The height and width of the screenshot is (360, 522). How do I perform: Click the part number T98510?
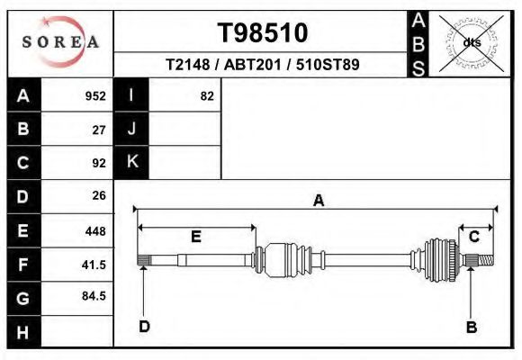click(x=262, y=33)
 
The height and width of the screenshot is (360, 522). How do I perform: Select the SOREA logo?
click(x=60, y=42)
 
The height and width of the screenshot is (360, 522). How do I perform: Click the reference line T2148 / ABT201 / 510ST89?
click(x=262, y=66)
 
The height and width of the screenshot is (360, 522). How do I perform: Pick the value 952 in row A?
click(x=95, y=96)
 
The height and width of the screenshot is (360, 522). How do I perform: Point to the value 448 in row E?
click(x=95, y=231)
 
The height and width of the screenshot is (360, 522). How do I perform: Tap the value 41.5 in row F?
click(x=94, y=265)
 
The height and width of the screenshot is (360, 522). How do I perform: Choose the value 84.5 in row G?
click(x=94, y=296)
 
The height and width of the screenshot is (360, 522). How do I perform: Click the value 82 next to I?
click(x=207, y=96)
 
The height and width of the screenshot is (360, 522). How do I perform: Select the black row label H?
click(x=23, y=332)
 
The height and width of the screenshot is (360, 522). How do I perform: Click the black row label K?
click(x=131, y=162)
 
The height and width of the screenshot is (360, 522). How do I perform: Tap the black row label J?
click(x=131, y=130)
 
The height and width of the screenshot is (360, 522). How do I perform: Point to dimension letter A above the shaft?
click(x=318, y=201)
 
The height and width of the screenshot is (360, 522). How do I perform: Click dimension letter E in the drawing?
click(x=196, y=237)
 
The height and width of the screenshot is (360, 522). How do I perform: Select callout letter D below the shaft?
click(x=144, y=327)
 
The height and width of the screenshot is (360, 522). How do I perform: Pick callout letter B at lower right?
click(x=471, y=328)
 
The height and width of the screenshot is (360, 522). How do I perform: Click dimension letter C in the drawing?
click(x=474, y=237)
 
